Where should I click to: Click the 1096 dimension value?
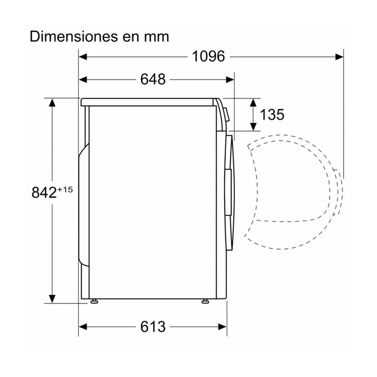208,56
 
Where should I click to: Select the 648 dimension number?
153,79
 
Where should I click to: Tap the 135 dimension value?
272,114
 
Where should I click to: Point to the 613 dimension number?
153,327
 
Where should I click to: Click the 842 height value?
44,193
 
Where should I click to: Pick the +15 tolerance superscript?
65,190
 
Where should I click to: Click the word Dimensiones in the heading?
74,37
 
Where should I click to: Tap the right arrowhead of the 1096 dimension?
339,57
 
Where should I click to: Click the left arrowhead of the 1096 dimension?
83,57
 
